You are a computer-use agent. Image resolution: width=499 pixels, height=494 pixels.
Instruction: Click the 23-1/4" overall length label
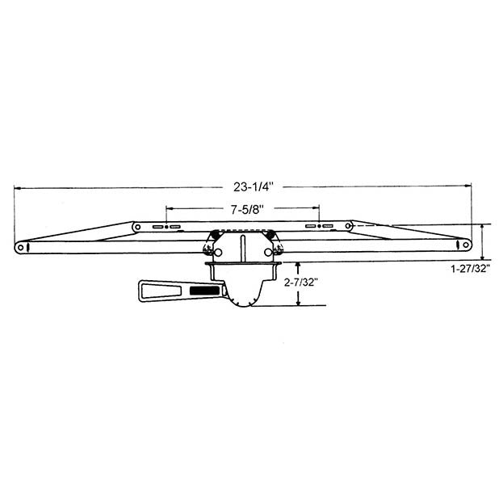coord(254,186)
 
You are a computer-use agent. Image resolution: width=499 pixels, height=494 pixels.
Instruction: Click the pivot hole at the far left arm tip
coord(20,246)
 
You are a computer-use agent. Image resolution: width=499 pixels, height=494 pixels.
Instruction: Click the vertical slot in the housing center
coord(242,250)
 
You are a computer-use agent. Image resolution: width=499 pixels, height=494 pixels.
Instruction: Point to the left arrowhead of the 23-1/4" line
coord(18,188)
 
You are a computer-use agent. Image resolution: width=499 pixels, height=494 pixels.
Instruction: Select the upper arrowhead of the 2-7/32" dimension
coord(300,266)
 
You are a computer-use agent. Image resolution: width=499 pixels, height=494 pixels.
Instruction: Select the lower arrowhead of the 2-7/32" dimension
coord(300,302)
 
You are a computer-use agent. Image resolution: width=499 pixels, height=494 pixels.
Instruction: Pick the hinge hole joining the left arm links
coord(138,227)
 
